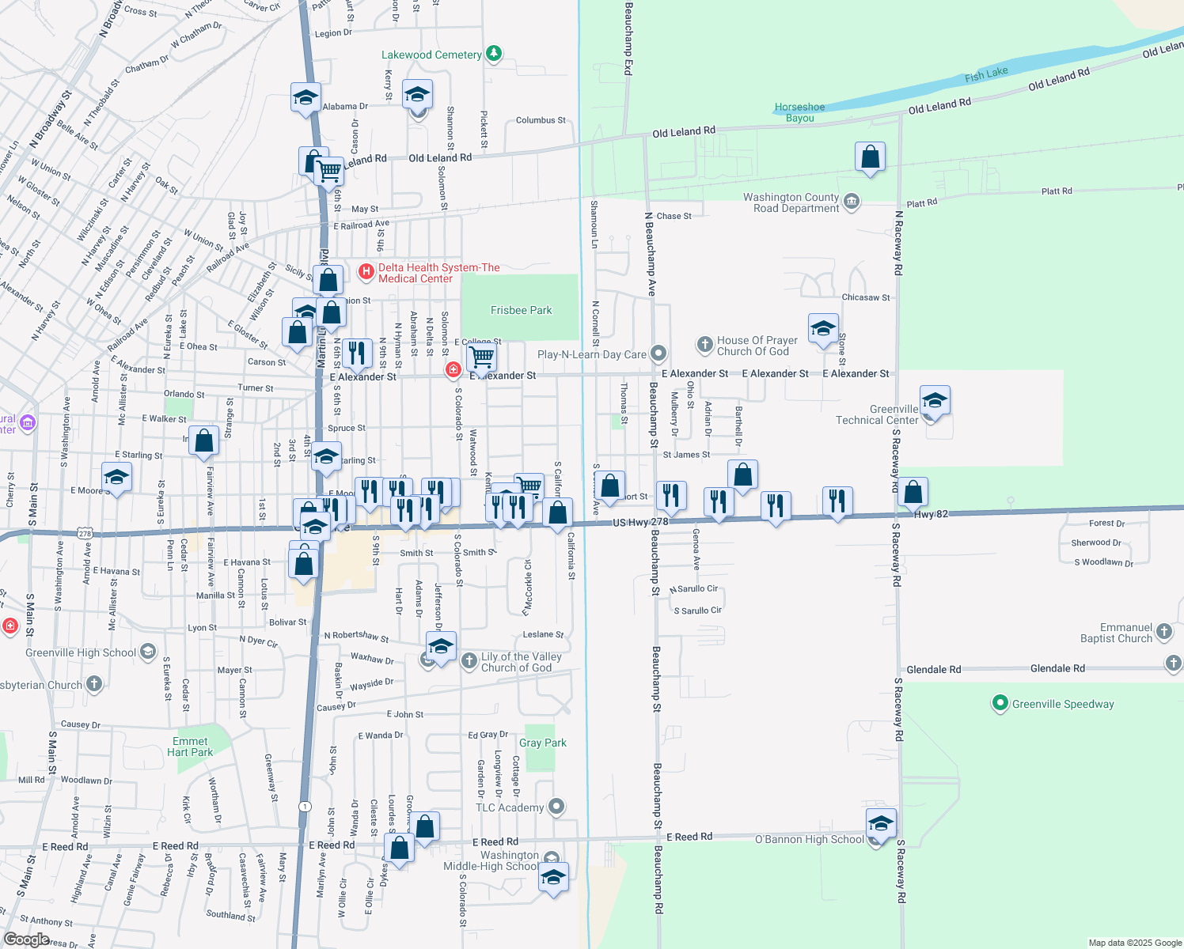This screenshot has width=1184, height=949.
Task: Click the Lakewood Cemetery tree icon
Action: [x=494, y=54]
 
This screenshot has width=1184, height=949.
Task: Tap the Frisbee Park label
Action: [x=521, y=310]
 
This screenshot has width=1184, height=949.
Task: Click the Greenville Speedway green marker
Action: [x=1000, y=703]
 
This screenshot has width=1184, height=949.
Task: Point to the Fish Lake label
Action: [x=986, y=74]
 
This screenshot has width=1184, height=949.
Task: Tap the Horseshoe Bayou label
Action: [x=799, y=112]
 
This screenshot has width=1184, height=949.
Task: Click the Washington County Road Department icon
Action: [x=852, y=202]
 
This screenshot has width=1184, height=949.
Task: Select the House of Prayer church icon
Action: [x=704, y=345]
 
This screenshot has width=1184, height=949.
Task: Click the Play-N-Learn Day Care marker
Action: [x=658, y=354]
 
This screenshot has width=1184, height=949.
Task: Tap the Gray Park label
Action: [x=543, y=743]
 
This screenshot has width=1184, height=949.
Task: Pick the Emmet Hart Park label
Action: [x=190, y=747]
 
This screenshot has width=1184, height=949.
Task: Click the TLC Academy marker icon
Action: [x=556, y=807]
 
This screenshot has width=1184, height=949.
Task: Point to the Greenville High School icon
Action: [x=148, y=652]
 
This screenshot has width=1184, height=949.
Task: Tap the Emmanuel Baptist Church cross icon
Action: [x=1163, y=631]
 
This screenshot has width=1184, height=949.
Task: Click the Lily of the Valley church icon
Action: [x=469, y=660]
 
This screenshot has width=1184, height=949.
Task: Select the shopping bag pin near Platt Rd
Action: [x=870, y=157]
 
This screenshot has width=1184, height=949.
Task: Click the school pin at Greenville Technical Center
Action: [x=935, y=401]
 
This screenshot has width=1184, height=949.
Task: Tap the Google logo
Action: [x=26, y=939]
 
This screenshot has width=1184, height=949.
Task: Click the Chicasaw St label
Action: [x=866, y=297]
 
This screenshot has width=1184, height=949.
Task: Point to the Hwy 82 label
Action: [x=931, y=514]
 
